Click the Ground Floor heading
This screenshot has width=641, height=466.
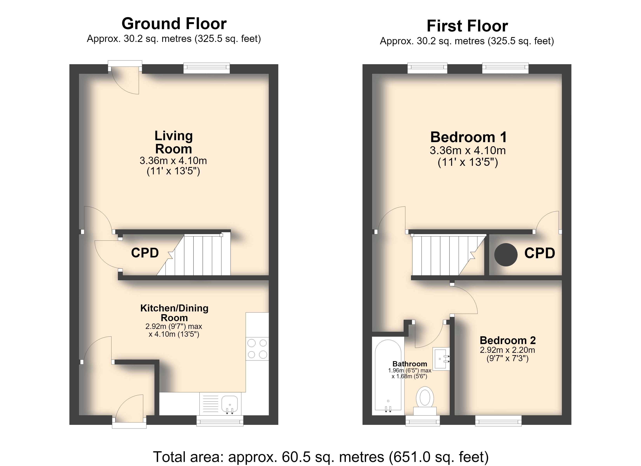click(174, 24)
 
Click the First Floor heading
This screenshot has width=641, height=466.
click(467, 26)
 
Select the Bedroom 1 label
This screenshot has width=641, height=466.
click(468, 137)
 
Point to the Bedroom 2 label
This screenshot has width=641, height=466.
click(508, 340)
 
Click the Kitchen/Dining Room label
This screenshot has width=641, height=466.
click(174, 313)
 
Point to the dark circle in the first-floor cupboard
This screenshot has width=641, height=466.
click(506, 255)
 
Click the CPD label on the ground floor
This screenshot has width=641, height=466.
click(145, 253)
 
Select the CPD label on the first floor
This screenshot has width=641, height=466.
click(540, 253)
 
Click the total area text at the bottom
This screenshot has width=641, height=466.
click(321, 456)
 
